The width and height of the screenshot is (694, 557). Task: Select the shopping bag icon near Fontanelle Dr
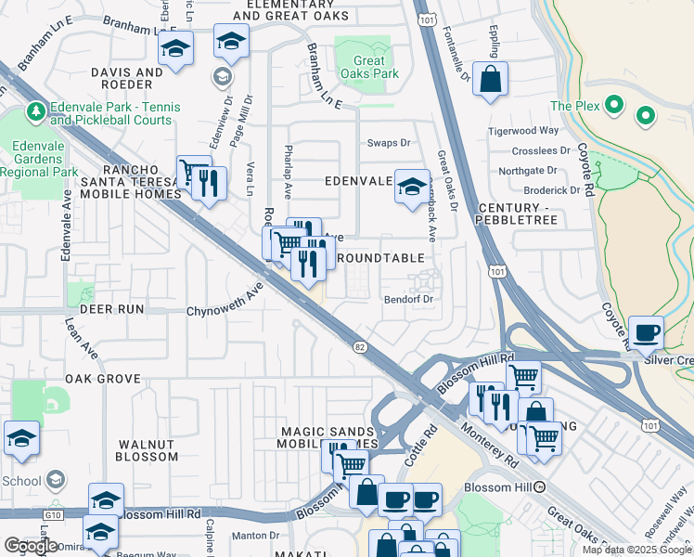pos(490,80)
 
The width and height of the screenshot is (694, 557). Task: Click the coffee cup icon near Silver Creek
pos(646,331)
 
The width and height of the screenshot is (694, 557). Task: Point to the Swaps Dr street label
pos(388,142)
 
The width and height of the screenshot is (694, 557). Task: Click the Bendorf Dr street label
pos(409,299)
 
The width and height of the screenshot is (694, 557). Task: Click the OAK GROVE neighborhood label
pos(103,379)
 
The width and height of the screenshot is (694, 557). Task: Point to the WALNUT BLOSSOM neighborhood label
pos(147,450)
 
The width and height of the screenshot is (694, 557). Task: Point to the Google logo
pos(31,545)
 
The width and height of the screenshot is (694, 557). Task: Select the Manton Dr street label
pos(254,535)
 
